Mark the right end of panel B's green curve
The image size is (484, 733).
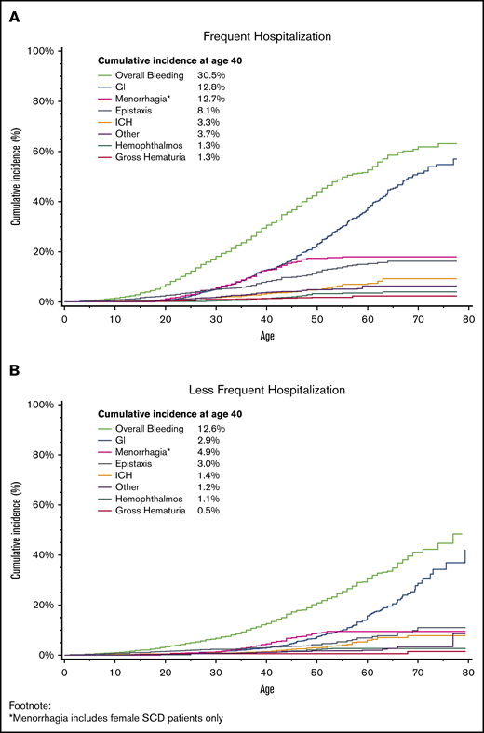coord(462,534)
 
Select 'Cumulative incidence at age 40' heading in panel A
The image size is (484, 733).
coord(174,60)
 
